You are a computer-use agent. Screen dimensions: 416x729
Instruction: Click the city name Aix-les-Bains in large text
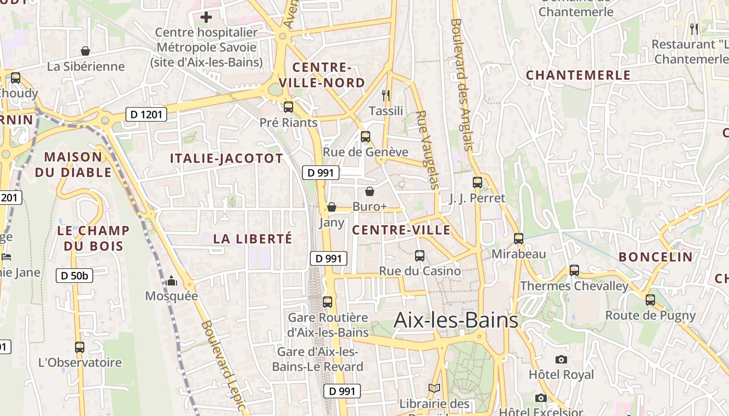(456, 320)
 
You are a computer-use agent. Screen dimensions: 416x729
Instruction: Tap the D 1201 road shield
(146, 114)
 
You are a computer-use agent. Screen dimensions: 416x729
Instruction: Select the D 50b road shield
(74, 276)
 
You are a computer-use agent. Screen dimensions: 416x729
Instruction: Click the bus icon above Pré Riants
(288, 107)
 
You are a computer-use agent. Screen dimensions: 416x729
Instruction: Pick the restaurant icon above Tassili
(386, 95)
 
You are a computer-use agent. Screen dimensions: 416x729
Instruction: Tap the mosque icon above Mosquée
(171, 281)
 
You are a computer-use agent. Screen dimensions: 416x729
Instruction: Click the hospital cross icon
(206, 17)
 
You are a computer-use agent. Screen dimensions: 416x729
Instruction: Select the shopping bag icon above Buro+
(370, 191)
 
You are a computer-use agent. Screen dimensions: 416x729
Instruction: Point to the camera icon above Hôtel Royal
(561, 359)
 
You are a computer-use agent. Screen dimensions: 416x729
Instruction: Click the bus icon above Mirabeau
(519, 239)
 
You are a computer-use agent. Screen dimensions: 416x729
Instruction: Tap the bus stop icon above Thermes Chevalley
(574, 270)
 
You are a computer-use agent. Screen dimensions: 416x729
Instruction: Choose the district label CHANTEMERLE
(578, 75)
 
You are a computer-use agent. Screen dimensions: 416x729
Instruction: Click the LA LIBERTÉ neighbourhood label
(253, 239)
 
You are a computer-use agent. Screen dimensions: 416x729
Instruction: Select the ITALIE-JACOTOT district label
(227, 159)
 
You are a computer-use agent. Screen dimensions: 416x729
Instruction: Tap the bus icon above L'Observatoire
(80, 347)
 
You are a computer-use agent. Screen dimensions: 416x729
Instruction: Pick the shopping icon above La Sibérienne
(85, 51)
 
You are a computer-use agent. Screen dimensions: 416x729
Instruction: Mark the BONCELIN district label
(656, 257)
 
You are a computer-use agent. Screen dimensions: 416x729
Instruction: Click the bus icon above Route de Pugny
(650, 300)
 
